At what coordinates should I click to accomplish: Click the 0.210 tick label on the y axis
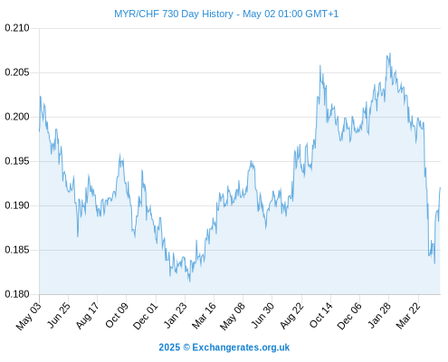(17, 28)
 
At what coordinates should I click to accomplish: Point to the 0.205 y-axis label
(17, 72)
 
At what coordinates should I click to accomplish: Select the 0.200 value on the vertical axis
(17, 117)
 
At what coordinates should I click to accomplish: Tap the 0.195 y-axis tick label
(17, 161)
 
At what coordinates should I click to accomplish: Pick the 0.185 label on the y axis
(17, 250)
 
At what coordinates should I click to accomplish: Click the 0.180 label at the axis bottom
(17, 294)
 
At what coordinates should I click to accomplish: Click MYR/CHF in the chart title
(137, 14)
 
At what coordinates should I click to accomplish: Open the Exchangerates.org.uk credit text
(241, 348)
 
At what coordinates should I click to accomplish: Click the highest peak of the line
(390, 53)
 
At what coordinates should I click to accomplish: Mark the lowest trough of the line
(189, 281)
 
